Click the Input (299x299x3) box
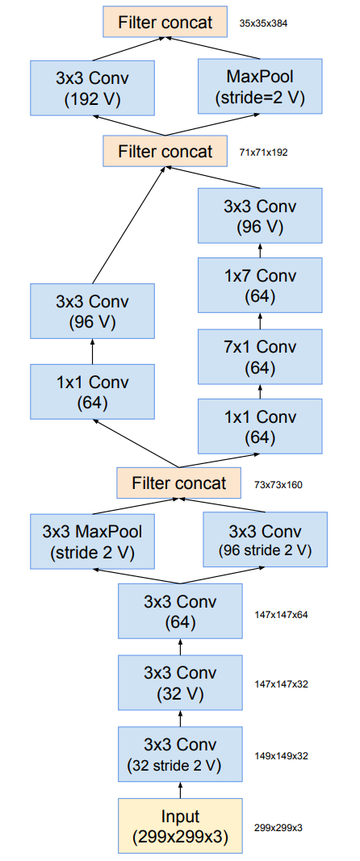180,825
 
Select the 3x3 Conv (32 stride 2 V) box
180,754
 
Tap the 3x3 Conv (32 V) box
180,683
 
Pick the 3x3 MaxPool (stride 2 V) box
92,541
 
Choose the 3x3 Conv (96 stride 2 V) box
266,541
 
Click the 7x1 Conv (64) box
260,357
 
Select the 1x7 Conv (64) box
260,286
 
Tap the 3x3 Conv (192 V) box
92,88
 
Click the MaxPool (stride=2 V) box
260,88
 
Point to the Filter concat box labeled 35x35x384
165,22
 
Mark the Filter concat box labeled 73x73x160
180,483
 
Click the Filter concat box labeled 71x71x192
165,151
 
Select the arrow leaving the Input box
180,789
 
